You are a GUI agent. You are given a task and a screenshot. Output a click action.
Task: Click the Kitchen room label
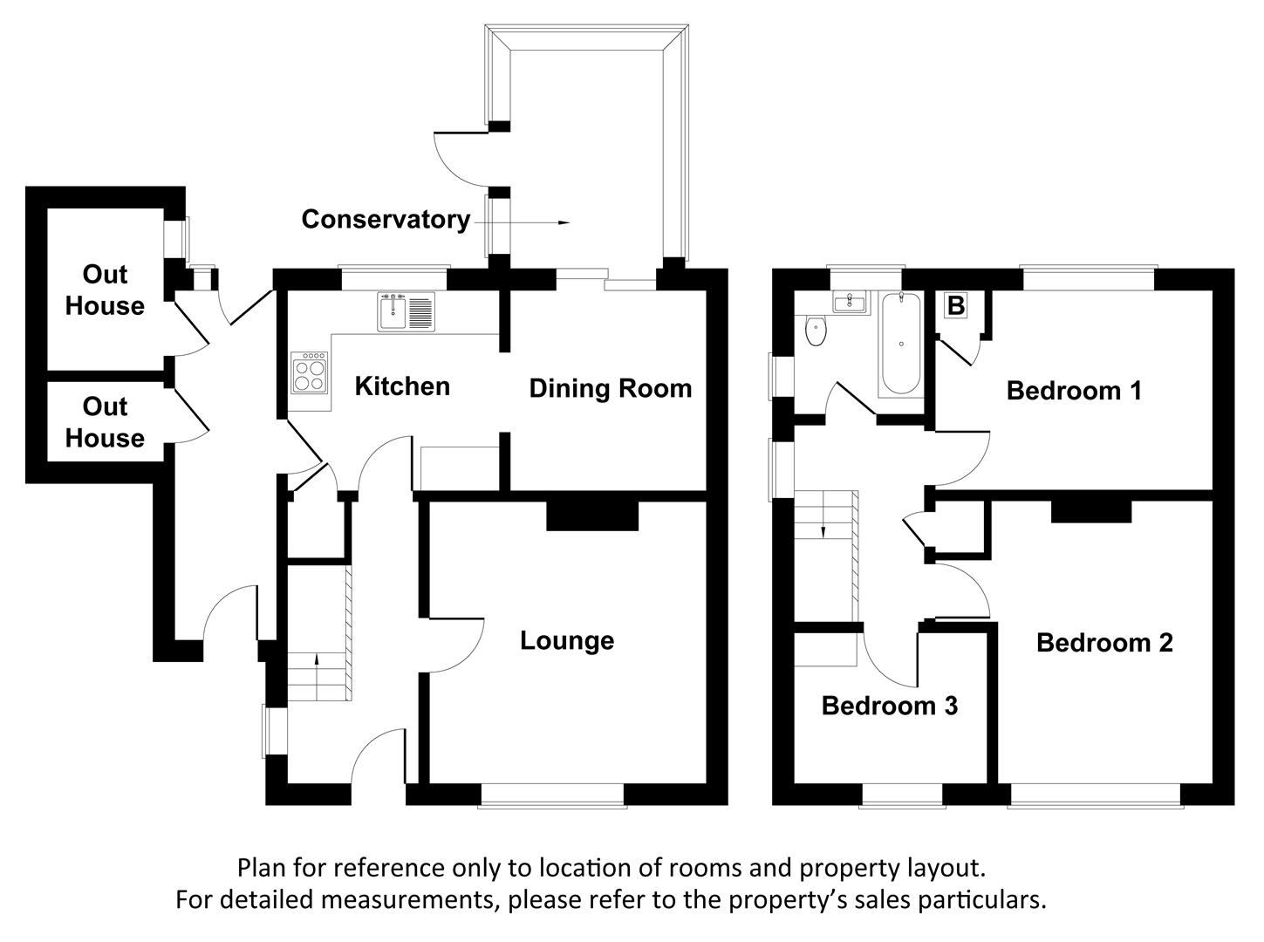[402, 386]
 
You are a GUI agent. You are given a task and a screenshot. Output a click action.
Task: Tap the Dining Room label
[610, 388]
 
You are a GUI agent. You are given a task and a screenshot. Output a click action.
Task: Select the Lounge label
[567, 641]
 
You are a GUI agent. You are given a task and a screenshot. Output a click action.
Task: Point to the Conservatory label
[386, 219]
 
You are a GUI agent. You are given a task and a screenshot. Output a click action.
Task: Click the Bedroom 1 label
[1074, 390]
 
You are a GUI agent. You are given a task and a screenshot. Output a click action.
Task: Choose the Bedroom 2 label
[1104, 643]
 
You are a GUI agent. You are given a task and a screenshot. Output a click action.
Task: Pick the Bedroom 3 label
[890, 705]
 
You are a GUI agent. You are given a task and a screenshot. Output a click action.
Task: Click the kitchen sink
[407, 312]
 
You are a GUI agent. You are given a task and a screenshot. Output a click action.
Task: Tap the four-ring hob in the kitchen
[311, 373]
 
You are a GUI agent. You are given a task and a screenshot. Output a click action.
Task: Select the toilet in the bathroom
[816, 331]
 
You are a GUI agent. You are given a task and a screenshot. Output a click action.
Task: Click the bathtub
[900, 345]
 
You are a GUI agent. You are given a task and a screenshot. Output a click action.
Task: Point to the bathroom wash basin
[849, 304]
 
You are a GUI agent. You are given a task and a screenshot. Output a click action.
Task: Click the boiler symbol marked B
[956, 306]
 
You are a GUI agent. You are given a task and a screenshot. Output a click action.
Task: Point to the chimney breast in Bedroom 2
[1090, 510]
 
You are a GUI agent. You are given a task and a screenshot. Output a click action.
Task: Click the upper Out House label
[105, 290]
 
